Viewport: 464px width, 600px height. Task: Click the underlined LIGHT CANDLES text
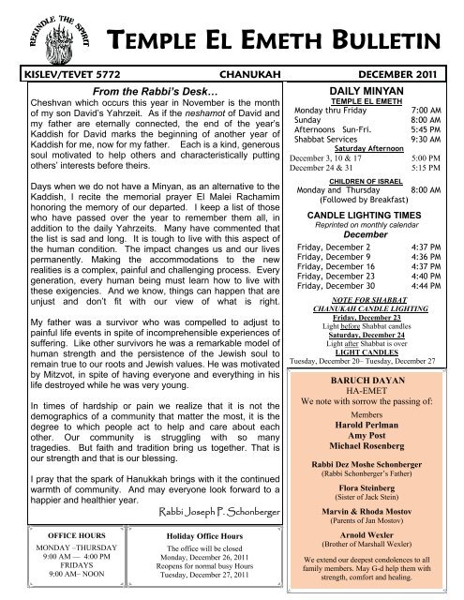tap(372, 375)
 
